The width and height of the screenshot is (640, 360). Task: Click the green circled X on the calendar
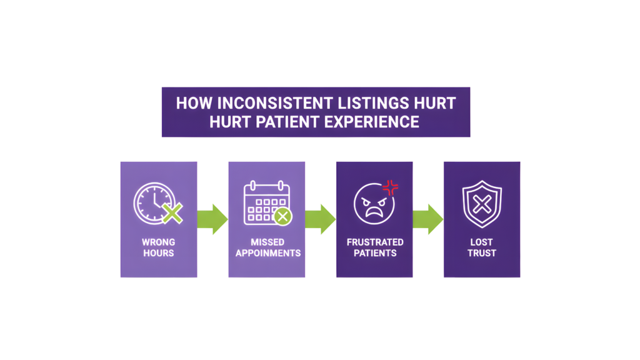282,216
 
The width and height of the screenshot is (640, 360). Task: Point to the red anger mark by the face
391,187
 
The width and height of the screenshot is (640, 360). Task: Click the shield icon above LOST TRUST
481,203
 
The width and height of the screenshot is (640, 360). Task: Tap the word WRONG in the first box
159,242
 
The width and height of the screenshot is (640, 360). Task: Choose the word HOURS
159,253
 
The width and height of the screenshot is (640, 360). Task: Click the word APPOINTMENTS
267,253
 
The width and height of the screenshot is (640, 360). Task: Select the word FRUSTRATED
375,242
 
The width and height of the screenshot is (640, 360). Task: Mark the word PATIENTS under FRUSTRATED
375,253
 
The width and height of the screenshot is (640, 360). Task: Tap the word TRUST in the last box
482,253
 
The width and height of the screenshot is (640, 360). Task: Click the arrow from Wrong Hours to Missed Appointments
213,219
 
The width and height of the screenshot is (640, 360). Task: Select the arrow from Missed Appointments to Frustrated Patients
321,219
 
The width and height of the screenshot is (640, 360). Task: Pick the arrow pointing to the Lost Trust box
428,219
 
